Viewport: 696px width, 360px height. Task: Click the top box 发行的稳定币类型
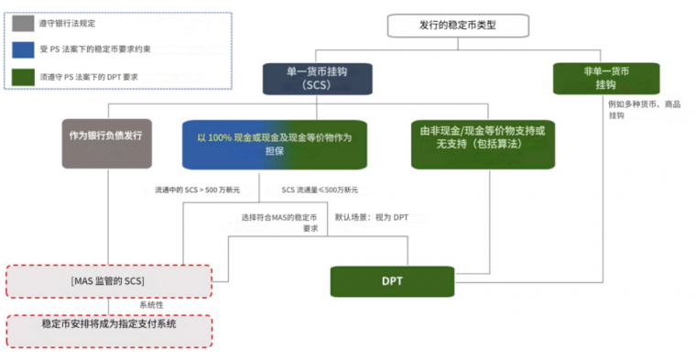pyautogui.click(x=457, y=26)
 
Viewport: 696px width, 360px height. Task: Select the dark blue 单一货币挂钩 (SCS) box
pyautogui.click(x=316, y=78)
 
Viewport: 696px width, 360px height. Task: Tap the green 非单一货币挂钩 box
pyautogui.click(x=605, y=78)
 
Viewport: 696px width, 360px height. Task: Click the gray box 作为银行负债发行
pyautogui.click(x=106, y=142)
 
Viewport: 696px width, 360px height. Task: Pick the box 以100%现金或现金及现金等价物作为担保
pyautogui.click(x=274, y=144)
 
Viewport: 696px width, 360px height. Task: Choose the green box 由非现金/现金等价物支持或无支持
pyautogui.click(x=482, y=143)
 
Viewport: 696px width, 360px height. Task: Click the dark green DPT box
pyautogui.click(x=392, y=280)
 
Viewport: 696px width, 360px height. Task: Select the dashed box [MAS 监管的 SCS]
pyautogui.click(x=109, y=279)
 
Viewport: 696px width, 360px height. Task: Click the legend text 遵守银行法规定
pyautogui.click(x=67, y=23)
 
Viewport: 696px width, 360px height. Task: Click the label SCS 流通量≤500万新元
pyautogui.click(x=320, y=190)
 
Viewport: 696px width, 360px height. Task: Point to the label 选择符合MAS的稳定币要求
pyautogui.click(x=279, y=223)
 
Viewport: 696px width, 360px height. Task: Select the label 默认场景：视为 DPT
pyautogui.click(x=372, y=217)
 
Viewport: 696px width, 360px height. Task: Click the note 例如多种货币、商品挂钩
pyautogui.click(x=644, y=109)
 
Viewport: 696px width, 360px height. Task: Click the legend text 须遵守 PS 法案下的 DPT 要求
pyautogui.click(x=89, y=77)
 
